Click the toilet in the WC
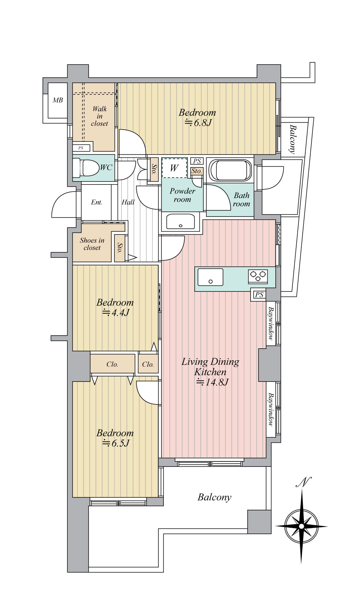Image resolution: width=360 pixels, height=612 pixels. pyautogui.click(x=85, y=168)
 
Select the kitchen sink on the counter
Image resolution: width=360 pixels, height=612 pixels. pyautogui.click(x=210, y=277)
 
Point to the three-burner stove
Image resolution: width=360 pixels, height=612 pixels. pyautogui.click(x=258, y=276)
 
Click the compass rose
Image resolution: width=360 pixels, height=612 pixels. pyautogui.click(x=301, y=526)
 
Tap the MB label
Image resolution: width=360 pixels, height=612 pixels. pyautogui.click(x=58, y=100)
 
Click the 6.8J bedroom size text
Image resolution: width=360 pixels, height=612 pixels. pyautogui.click(x=198, y=123)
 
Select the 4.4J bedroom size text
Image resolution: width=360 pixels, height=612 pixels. pyautogui.click(x=116, y=313)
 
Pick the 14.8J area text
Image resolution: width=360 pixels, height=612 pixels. pyautogui.click(x=212, y=382)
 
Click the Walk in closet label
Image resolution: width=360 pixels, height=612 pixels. pyautogui.click(x=99, y=116)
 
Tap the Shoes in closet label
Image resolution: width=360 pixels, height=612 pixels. pyautogui.click(x=92, y=244)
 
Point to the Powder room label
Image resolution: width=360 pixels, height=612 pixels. pyautogui.click(x=182, y=195)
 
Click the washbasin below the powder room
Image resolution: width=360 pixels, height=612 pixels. pyautogui.click(x=180, y=221)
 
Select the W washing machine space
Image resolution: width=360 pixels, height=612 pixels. pyautogui.click(x=174, y=167)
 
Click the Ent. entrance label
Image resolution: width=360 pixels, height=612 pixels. pyautogui.click(x=96, y=202)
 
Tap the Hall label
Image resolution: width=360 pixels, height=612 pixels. pyautogui.click(x=128, y=202)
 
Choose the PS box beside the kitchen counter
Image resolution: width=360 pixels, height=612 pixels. pyautogui.click(x=259, y=295)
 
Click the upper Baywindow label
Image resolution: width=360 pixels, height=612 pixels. pyautogui.click(x=271, y=323)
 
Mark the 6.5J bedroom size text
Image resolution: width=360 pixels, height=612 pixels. pyautogui.click(x=116, y=443)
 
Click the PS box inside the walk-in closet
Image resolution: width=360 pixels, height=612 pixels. pyautogui.click(x=81, y=148)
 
